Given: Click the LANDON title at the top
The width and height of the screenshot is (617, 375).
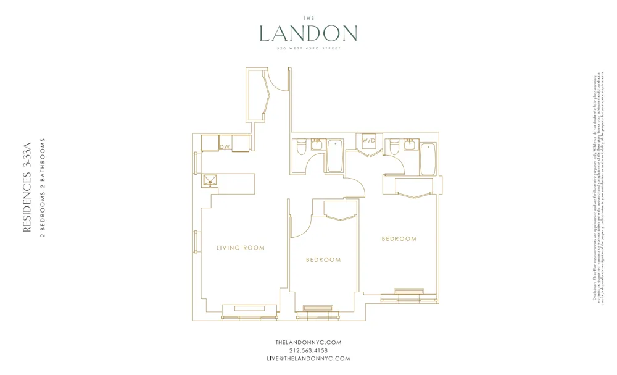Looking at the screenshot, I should coord(308,34).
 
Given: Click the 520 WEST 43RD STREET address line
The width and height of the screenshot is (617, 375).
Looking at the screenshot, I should coord(308,48).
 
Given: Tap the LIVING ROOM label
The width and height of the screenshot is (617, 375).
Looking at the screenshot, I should coord(241,248).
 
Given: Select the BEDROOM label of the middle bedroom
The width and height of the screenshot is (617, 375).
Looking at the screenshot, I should coord(323,260).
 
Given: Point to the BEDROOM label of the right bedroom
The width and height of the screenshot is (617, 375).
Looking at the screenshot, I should coord(399,238).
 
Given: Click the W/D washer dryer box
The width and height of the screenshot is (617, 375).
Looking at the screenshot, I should coord(369,141).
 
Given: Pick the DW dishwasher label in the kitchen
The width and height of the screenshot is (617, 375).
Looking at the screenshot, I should coord(225,146).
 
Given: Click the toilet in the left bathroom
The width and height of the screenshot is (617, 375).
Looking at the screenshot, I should coord(300,149).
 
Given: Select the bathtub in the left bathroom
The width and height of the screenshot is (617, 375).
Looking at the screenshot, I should coord(335,156).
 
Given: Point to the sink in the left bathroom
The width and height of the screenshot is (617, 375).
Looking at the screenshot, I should coord(318,143).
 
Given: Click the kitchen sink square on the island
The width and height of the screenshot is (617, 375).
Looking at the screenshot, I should coord(210,180).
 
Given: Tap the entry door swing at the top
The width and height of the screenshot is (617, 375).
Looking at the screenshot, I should coord(279,82).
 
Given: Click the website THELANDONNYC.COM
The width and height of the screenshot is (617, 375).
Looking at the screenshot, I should coord(308,342).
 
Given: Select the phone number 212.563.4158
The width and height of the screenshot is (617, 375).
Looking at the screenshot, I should coord(308,350).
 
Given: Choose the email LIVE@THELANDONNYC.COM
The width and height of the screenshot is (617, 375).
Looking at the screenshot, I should coord(308,358).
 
